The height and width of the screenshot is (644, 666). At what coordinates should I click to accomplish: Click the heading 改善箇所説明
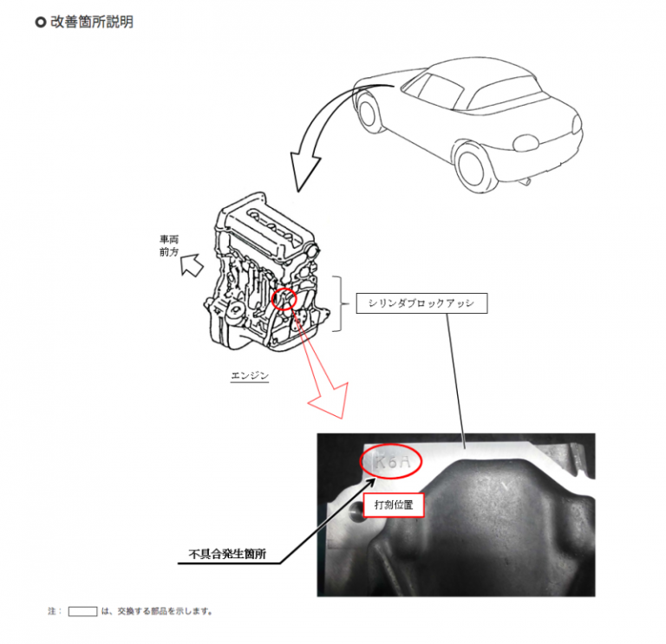(92, 22)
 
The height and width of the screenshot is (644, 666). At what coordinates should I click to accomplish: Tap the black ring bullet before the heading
(41, 22)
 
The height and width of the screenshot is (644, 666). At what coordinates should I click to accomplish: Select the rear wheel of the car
(473, 167)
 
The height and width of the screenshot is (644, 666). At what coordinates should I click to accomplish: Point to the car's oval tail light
(526, 143)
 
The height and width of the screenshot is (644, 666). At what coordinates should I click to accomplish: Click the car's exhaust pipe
(526, 182)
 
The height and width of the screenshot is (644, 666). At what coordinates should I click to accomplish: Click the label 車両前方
(169, 246)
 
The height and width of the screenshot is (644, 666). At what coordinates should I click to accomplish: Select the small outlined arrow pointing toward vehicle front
(192, 265)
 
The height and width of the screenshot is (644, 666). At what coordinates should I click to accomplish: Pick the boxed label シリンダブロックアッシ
(421, 303)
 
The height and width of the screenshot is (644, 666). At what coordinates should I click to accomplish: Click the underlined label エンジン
(250, 375)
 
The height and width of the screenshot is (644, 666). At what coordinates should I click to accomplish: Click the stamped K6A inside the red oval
(392, 461)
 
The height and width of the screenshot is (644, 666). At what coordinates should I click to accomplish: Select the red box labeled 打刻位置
(394, 504)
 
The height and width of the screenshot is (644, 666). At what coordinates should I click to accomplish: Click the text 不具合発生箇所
(228, 554)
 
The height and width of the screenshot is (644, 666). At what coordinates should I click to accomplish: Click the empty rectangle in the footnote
(83, 611)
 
